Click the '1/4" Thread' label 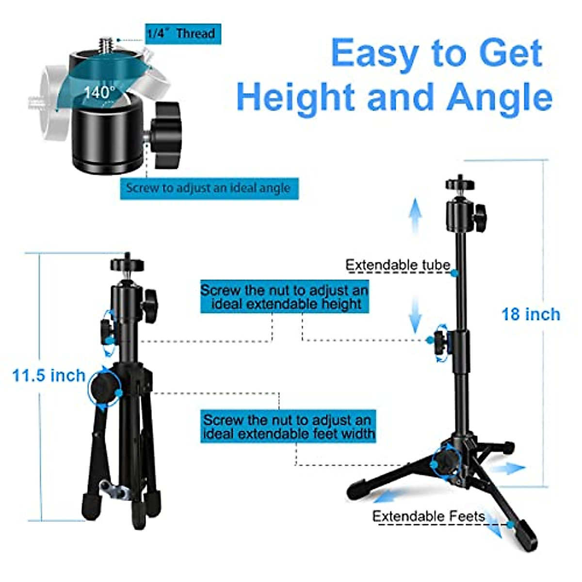183,33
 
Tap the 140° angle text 99,92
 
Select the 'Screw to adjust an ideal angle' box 209,188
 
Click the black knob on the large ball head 166,135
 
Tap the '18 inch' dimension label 531,314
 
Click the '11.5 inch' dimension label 48,375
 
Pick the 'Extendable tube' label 398,265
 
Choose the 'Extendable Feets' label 429,516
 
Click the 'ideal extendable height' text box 285,297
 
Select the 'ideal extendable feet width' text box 288,426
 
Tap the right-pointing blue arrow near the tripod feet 513,468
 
